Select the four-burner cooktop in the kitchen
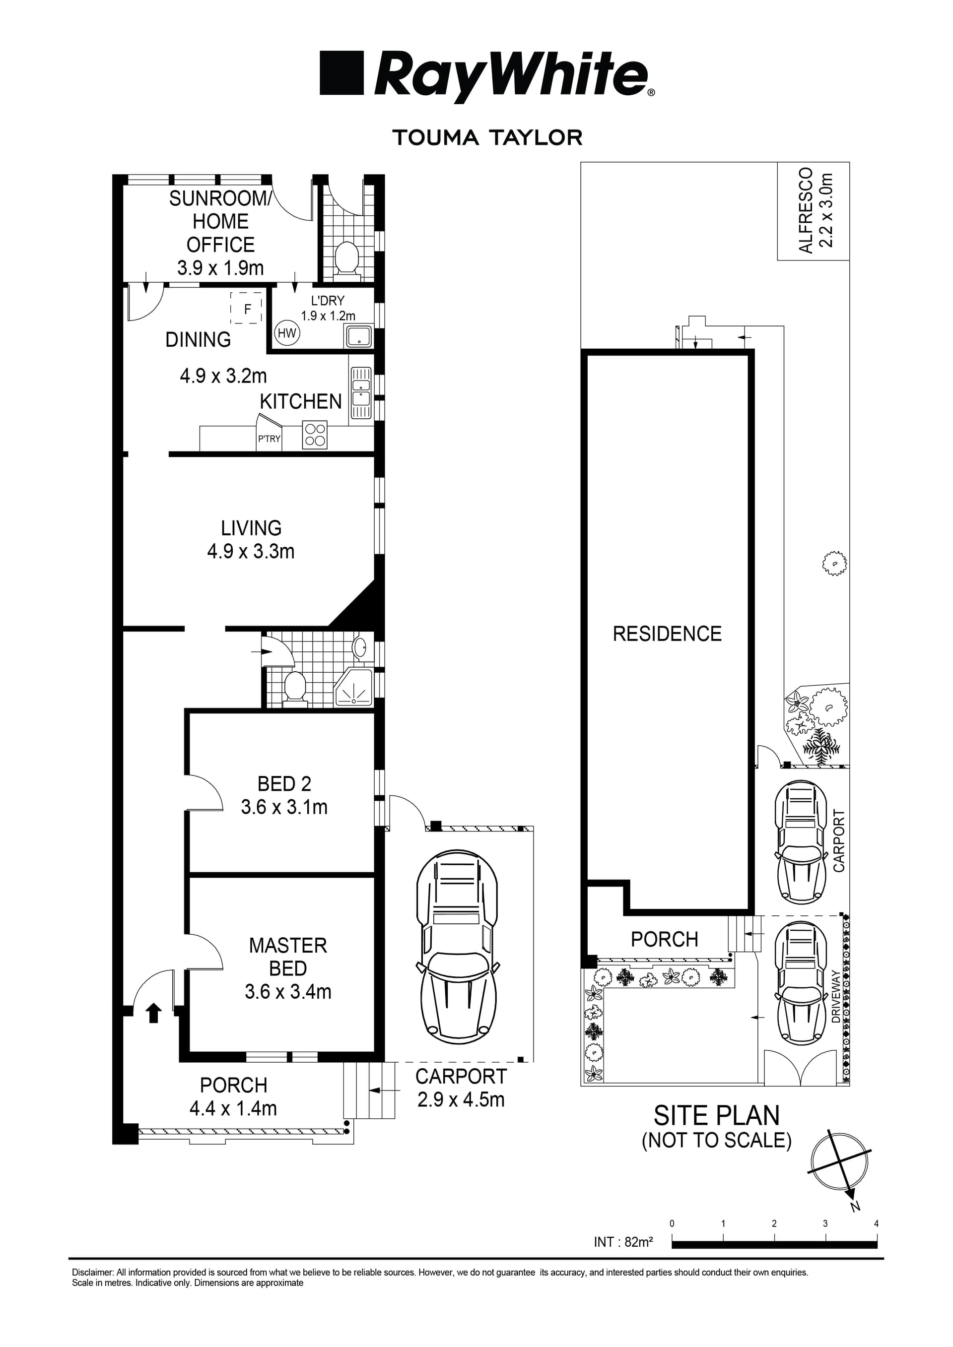click(x=315, y=435)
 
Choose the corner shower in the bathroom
click(x=353, y=687)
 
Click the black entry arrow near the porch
click(x=154, y=1013)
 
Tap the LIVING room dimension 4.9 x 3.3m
click(x=251, y=552)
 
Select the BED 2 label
click(x=284, y=784)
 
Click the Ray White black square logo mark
click(x=341, y=73)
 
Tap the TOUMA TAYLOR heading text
click(x=487, y=138)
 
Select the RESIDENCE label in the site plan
click(x=667, y=634)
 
